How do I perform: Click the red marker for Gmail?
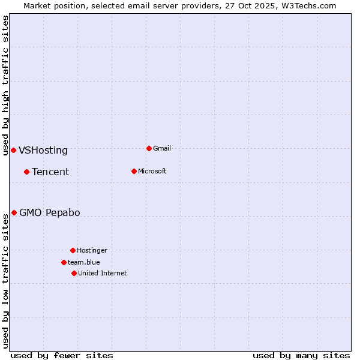[149, 148]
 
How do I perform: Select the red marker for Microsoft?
[134, 171]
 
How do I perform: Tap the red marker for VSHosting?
[13, 150]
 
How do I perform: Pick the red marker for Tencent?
[26, 172]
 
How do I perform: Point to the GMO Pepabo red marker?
[14, 212]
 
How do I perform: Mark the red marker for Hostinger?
[73, 250]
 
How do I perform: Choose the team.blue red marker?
[64, 262]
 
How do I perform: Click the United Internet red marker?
[74, 273]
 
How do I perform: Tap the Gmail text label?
[162, 148]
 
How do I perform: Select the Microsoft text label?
[152, 171]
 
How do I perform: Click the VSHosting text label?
[43, 151]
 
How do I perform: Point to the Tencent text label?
[50, 172]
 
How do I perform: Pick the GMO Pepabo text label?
[50, 213]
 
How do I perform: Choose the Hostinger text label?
[92, 250]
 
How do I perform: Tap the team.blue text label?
[84, 262]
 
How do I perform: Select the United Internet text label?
[103, 273]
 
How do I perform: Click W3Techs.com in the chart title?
[309, 5]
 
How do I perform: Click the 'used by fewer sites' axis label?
[62, 355]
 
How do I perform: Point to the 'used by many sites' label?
[301, 355]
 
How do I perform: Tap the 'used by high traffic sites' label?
[5, 85]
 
